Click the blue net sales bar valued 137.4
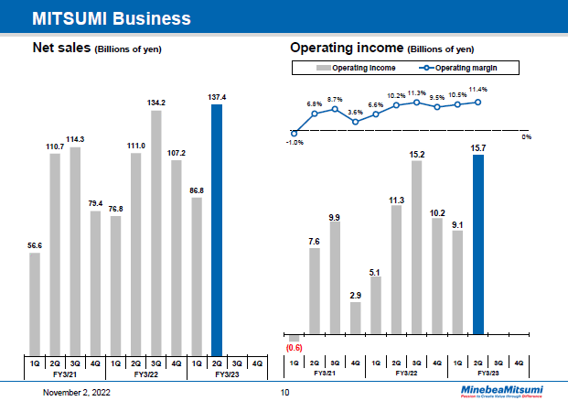(x=217, y=229)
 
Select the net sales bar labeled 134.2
(x=156, y=233)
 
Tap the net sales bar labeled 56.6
(x=35, y=303)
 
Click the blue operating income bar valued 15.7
(x=477, y=244)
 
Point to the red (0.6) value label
(x=295, y=348)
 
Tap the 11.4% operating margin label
(x=477, y=90)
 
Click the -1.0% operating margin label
(x=294, y=142)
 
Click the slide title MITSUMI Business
(x=112, y=18)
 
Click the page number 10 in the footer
(x=284, y=392)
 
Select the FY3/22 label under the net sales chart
(x=146, y=374)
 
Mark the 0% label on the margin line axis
(x=526, y=136)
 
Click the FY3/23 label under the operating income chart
(x=488, y=374)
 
